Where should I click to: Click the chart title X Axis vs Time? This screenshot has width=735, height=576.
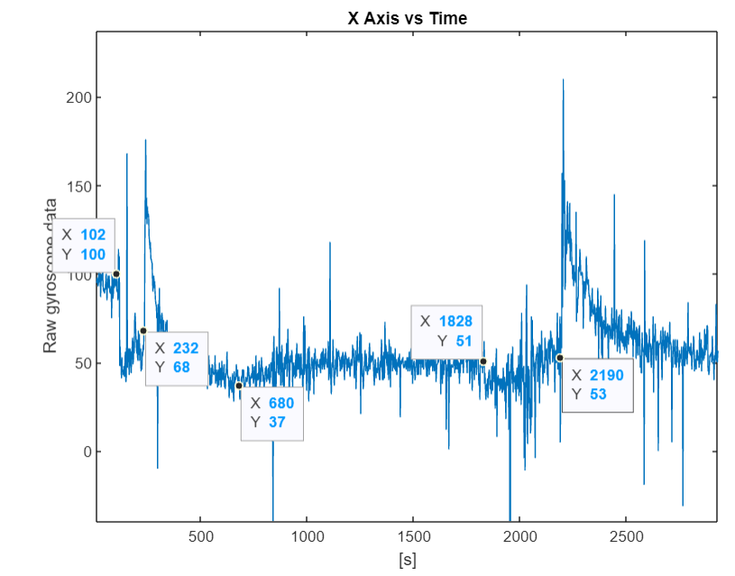pyautogui.click(x=408, y=18)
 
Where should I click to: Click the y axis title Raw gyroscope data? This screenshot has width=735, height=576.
pyautogui.click(x=51, y=274)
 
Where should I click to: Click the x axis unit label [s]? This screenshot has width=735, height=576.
pyautogui.click(x=408, y=560)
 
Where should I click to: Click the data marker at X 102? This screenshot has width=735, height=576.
pyautogui.click(x=115, y=274)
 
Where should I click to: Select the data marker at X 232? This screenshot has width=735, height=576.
pyautogui.click(x=142, y=330)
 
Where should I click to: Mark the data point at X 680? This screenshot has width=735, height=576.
pyautogui.click(x=239, y=386)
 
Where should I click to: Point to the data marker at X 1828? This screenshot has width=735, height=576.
pyautogui.click(x=483, y=361)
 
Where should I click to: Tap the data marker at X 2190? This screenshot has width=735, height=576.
pyautogui.click(x=559, y=358)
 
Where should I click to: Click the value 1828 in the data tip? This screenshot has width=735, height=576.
pyautogui.click(x=455, y=321)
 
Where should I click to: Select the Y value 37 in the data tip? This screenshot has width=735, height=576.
pyautogui.click(x=276, y=423)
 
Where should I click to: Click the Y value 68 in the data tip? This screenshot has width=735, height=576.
pyautogui.click(x=181, y=367)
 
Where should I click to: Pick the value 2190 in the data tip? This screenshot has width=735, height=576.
pyautogui.click(x=606, y=376)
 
